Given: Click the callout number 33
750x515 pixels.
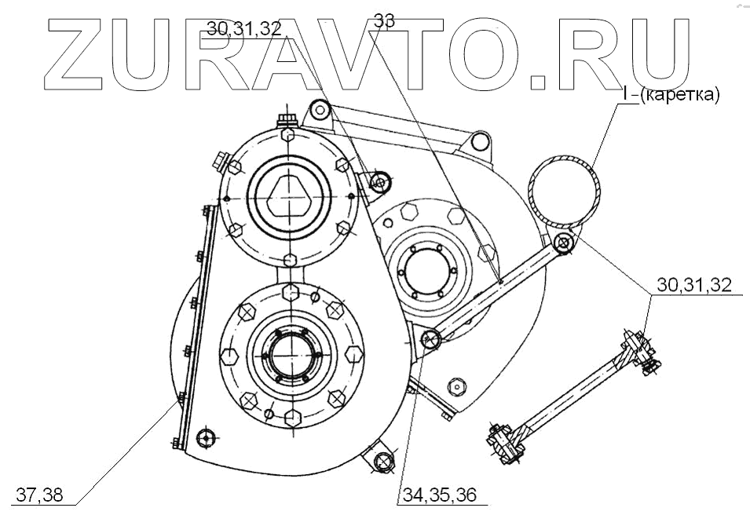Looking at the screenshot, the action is (x=384, y=21).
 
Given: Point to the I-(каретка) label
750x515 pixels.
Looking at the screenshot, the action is (x=671, y=95).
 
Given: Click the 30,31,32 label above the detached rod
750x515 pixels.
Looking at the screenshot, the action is (x=694, y=286).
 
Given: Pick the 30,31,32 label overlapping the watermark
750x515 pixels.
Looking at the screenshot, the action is (x=244, y=28).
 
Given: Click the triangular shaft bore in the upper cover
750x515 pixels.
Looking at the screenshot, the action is (x=290, y=192).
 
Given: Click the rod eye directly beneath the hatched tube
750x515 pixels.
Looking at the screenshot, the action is (x=562, y=243).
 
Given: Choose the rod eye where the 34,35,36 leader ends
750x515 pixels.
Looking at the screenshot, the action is (x=430, y=340).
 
